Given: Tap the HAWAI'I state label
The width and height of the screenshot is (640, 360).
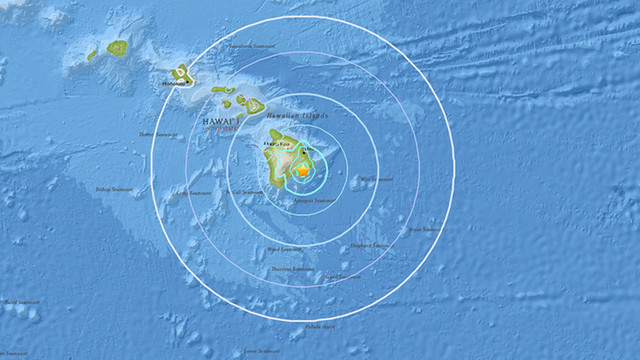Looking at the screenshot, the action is coord(219,122).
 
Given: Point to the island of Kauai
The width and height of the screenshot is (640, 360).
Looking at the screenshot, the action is coord(118,47).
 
